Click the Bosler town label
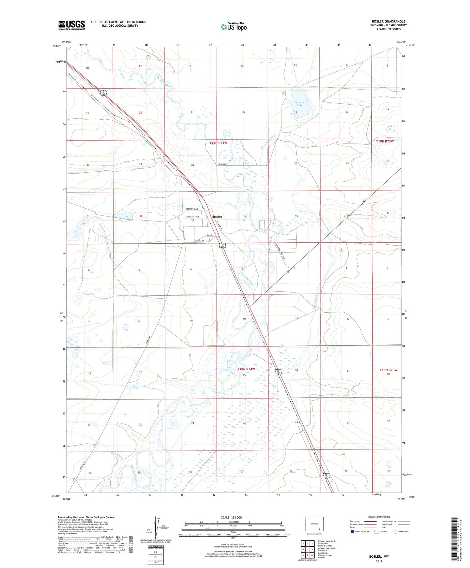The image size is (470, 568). tap(217, 216)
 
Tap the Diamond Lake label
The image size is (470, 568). tap(300, 104)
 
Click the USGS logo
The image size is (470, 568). tap(71, 25)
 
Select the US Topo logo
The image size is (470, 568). tap(233, 27)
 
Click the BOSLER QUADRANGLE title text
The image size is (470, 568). tap(389, 21)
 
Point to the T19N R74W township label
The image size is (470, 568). tap(218, 143)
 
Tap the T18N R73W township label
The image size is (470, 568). tap(388, 370)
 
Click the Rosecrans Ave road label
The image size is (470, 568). tap(192, 209)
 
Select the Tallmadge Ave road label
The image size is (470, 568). tap(192, 217)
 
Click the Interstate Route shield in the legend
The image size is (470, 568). tap(352, 531)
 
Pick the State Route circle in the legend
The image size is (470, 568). tap(395, 531)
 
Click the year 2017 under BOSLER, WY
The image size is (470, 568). tap(379, 561)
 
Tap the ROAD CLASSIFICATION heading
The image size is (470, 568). tap(379, 517)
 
